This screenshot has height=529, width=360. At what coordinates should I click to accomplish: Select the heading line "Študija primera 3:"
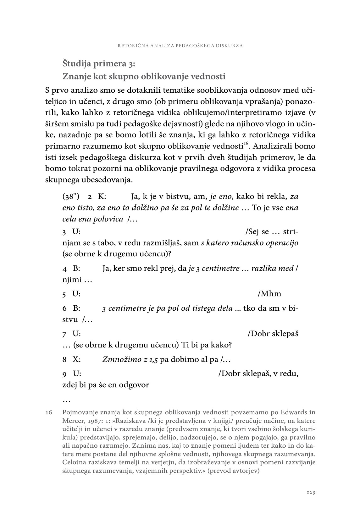pos(99,63)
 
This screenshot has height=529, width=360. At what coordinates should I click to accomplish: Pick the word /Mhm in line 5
pos(269,294)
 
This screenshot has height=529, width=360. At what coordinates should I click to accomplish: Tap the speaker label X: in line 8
pos(77,359)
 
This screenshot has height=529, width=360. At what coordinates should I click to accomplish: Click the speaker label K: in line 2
pos(102,197)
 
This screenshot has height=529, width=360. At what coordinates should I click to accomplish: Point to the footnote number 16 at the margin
pos(49,412)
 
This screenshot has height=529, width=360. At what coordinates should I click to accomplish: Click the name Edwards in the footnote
pos(294,412)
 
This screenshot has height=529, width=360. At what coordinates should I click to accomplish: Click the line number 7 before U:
pos(64,334)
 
